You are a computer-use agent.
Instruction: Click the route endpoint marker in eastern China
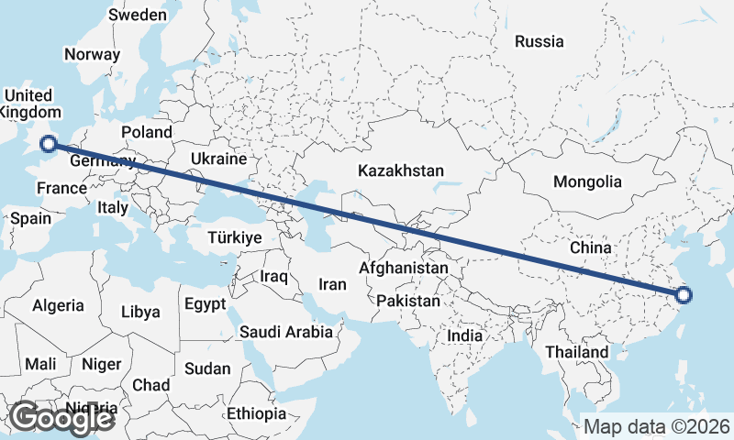coord(684,295)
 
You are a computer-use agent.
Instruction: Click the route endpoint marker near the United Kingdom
coord(50,142)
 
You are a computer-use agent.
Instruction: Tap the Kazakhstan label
coord(401,170)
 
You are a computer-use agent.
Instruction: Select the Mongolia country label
coord(587,181)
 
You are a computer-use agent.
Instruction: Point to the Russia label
coord(539,41)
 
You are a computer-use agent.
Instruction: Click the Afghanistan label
coord(405,269)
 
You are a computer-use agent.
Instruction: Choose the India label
coord(464,335)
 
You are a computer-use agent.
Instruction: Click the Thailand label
coord(575,352)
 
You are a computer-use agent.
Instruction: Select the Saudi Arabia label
coord(286,332)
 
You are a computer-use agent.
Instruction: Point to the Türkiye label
coord(235,237)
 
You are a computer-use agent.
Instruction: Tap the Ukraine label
coord(218,159)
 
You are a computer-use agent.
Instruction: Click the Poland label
coord(146,132)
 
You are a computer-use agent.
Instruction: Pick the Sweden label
coord(138,15)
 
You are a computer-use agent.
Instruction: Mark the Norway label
coord(92,54)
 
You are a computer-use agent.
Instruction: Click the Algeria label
coord(58,305)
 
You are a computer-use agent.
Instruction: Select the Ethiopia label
coord(258,413)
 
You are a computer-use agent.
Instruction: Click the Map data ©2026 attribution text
coord(656,426)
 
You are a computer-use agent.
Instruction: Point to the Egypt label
coord(204,304)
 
